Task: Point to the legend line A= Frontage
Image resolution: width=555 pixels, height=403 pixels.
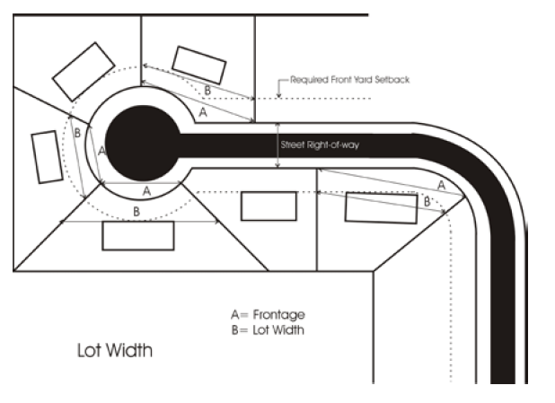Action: [x=268, y=315]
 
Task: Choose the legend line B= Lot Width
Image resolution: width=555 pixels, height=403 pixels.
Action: [x=268, y=329]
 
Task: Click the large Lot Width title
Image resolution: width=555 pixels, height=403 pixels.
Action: [x=114, y=350]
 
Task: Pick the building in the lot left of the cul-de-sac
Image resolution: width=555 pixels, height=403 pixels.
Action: [x=44, y=157]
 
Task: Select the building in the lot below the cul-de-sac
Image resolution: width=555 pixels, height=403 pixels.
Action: [x=137, y=236]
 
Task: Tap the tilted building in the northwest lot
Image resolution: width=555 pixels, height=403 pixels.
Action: [x=84, y=71]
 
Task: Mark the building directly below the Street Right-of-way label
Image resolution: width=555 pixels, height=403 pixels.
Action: [x=269, y=206]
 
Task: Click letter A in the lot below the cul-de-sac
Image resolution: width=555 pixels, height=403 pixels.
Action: [x=146, y=191]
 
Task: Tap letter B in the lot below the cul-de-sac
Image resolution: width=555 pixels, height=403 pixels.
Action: [x=137, y=212]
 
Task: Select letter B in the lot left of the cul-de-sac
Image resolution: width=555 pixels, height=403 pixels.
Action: [x=78, y=133]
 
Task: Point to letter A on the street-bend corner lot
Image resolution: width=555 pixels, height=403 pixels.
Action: [x=439, y=184]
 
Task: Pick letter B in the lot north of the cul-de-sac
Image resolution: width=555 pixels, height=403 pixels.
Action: [x=207, y=91]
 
